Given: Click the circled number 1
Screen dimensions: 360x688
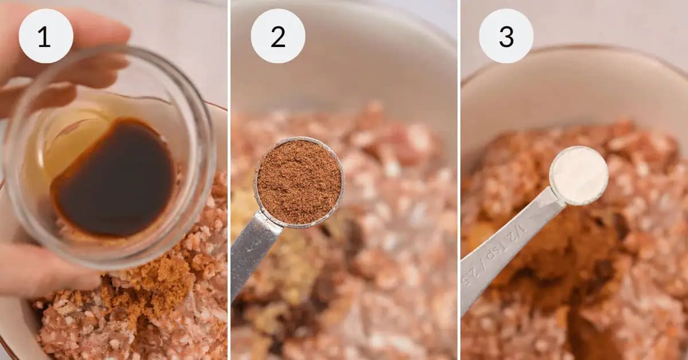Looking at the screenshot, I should click(45, 36).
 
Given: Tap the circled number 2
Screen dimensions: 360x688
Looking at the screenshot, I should click(278, 36).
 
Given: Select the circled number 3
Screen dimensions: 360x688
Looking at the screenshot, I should click(506, 36).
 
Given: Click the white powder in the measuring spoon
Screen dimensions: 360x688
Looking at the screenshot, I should click(579, 175).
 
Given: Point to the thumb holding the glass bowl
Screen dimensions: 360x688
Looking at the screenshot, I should click(40, 269).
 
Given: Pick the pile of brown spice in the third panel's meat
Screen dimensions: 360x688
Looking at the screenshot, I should click(573, 252).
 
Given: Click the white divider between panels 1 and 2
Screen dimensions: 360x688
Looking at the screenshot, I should click(229, 180).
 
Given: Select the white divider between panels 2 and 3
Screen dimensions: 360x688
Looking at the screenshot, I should click(459, 180).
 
